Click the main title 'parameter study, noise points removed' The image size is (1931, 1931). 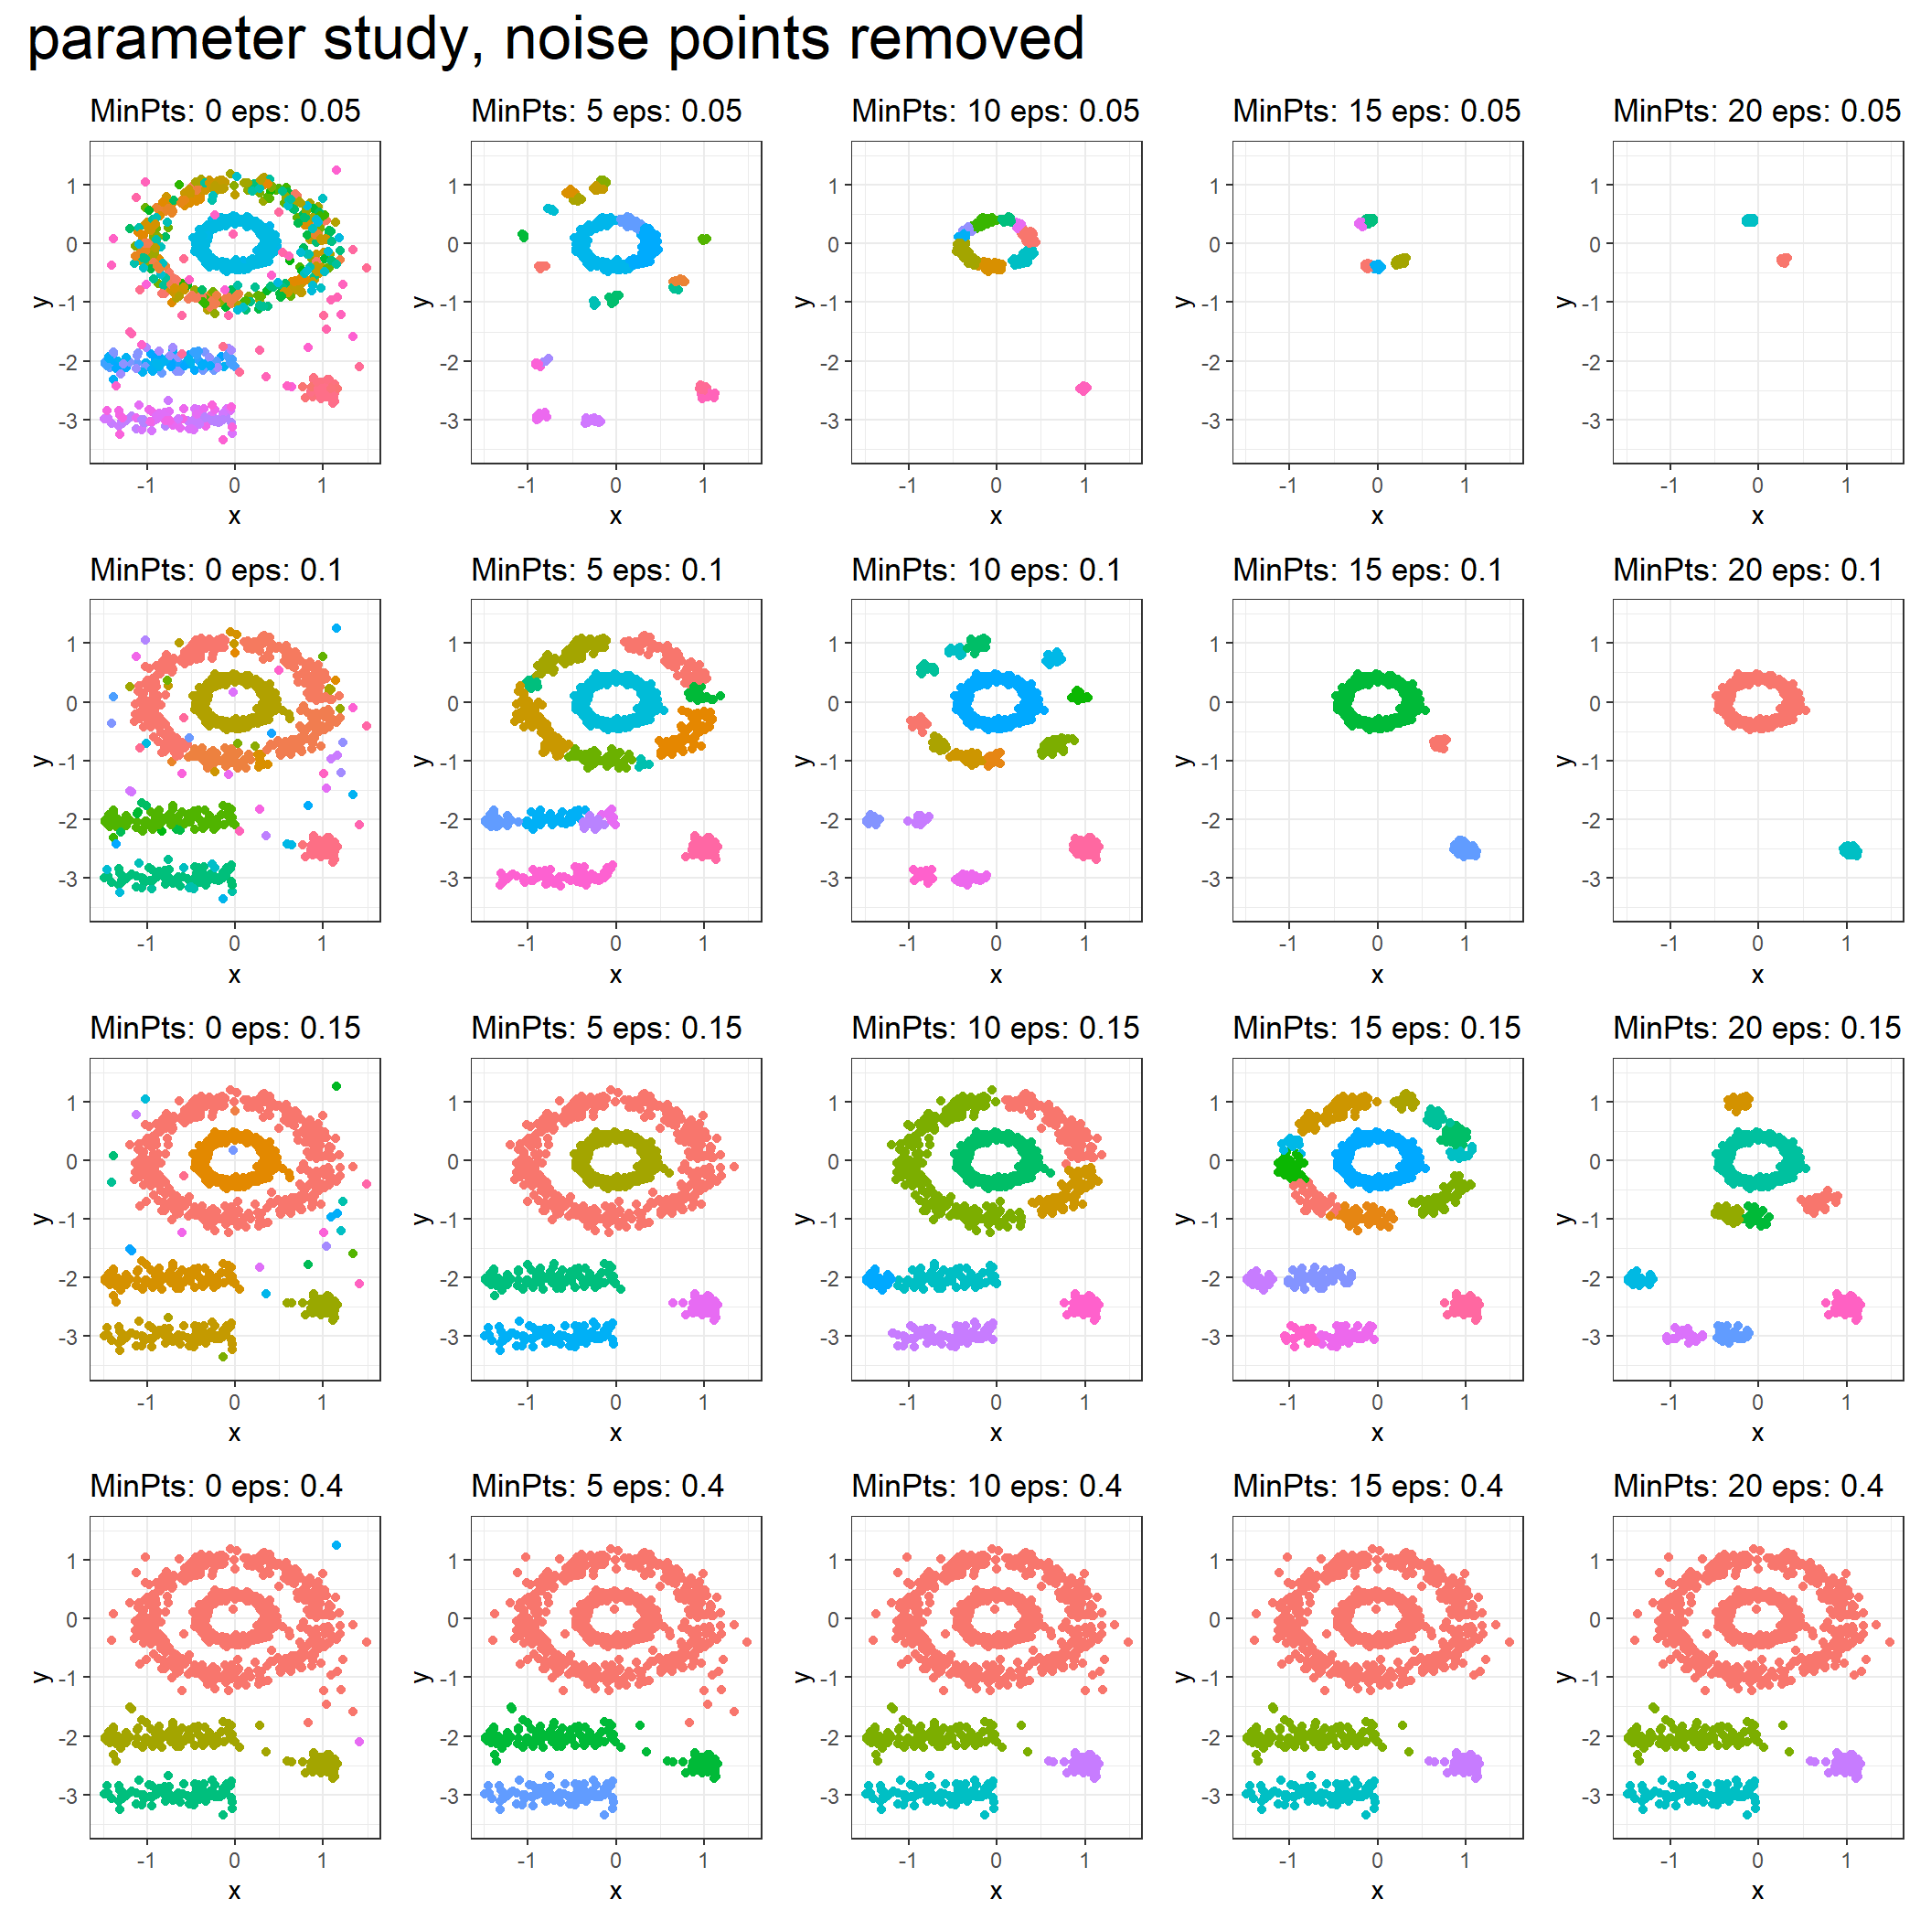[556, 40]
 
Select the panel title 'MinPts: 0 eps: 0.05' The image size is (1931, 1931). [225, 111]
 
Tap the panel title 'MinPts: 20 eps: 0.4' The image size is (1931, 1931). [1747, 1487]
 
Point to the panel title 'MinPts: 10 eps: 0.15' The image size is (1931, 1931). [995, 1029]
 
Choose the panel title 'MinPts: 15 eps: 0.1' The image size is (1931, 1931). [1366, 571]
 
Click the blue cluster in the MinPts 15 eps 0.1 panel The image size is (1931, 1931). [1466, 848]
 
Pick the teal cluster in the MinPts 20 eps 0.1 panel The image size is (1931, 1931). [1850, 850]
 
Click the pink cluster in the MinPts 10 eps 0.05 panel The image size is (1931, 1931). [1083, 388]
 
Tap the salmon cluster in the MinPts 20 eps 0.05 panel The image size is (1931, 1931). [1784, 260]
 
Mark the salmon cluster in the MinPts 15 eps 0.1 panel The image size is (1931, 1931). [1440, 742]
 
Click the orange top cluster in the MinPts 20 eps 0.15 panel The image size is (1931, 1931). [1738, 1103]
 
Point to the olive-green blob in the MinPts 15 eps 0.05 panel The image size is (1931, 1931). [1402, 261]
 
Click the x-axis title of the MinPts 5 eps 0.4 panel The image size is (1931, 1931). [615, 1891]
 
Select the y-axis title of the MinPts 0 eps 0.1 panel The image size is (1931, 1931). [43, 761]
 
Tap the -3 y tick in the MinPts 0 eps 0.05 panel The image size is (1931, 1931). [67, 421]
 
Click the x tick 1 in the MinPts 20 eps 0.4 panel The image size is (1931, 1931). [1846, 1860]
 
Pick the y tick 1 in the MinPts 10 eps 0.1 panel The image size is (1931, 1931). [833, 644]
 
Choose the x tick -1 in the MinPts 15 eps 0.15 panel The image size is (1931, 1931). [1288, 1403]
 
